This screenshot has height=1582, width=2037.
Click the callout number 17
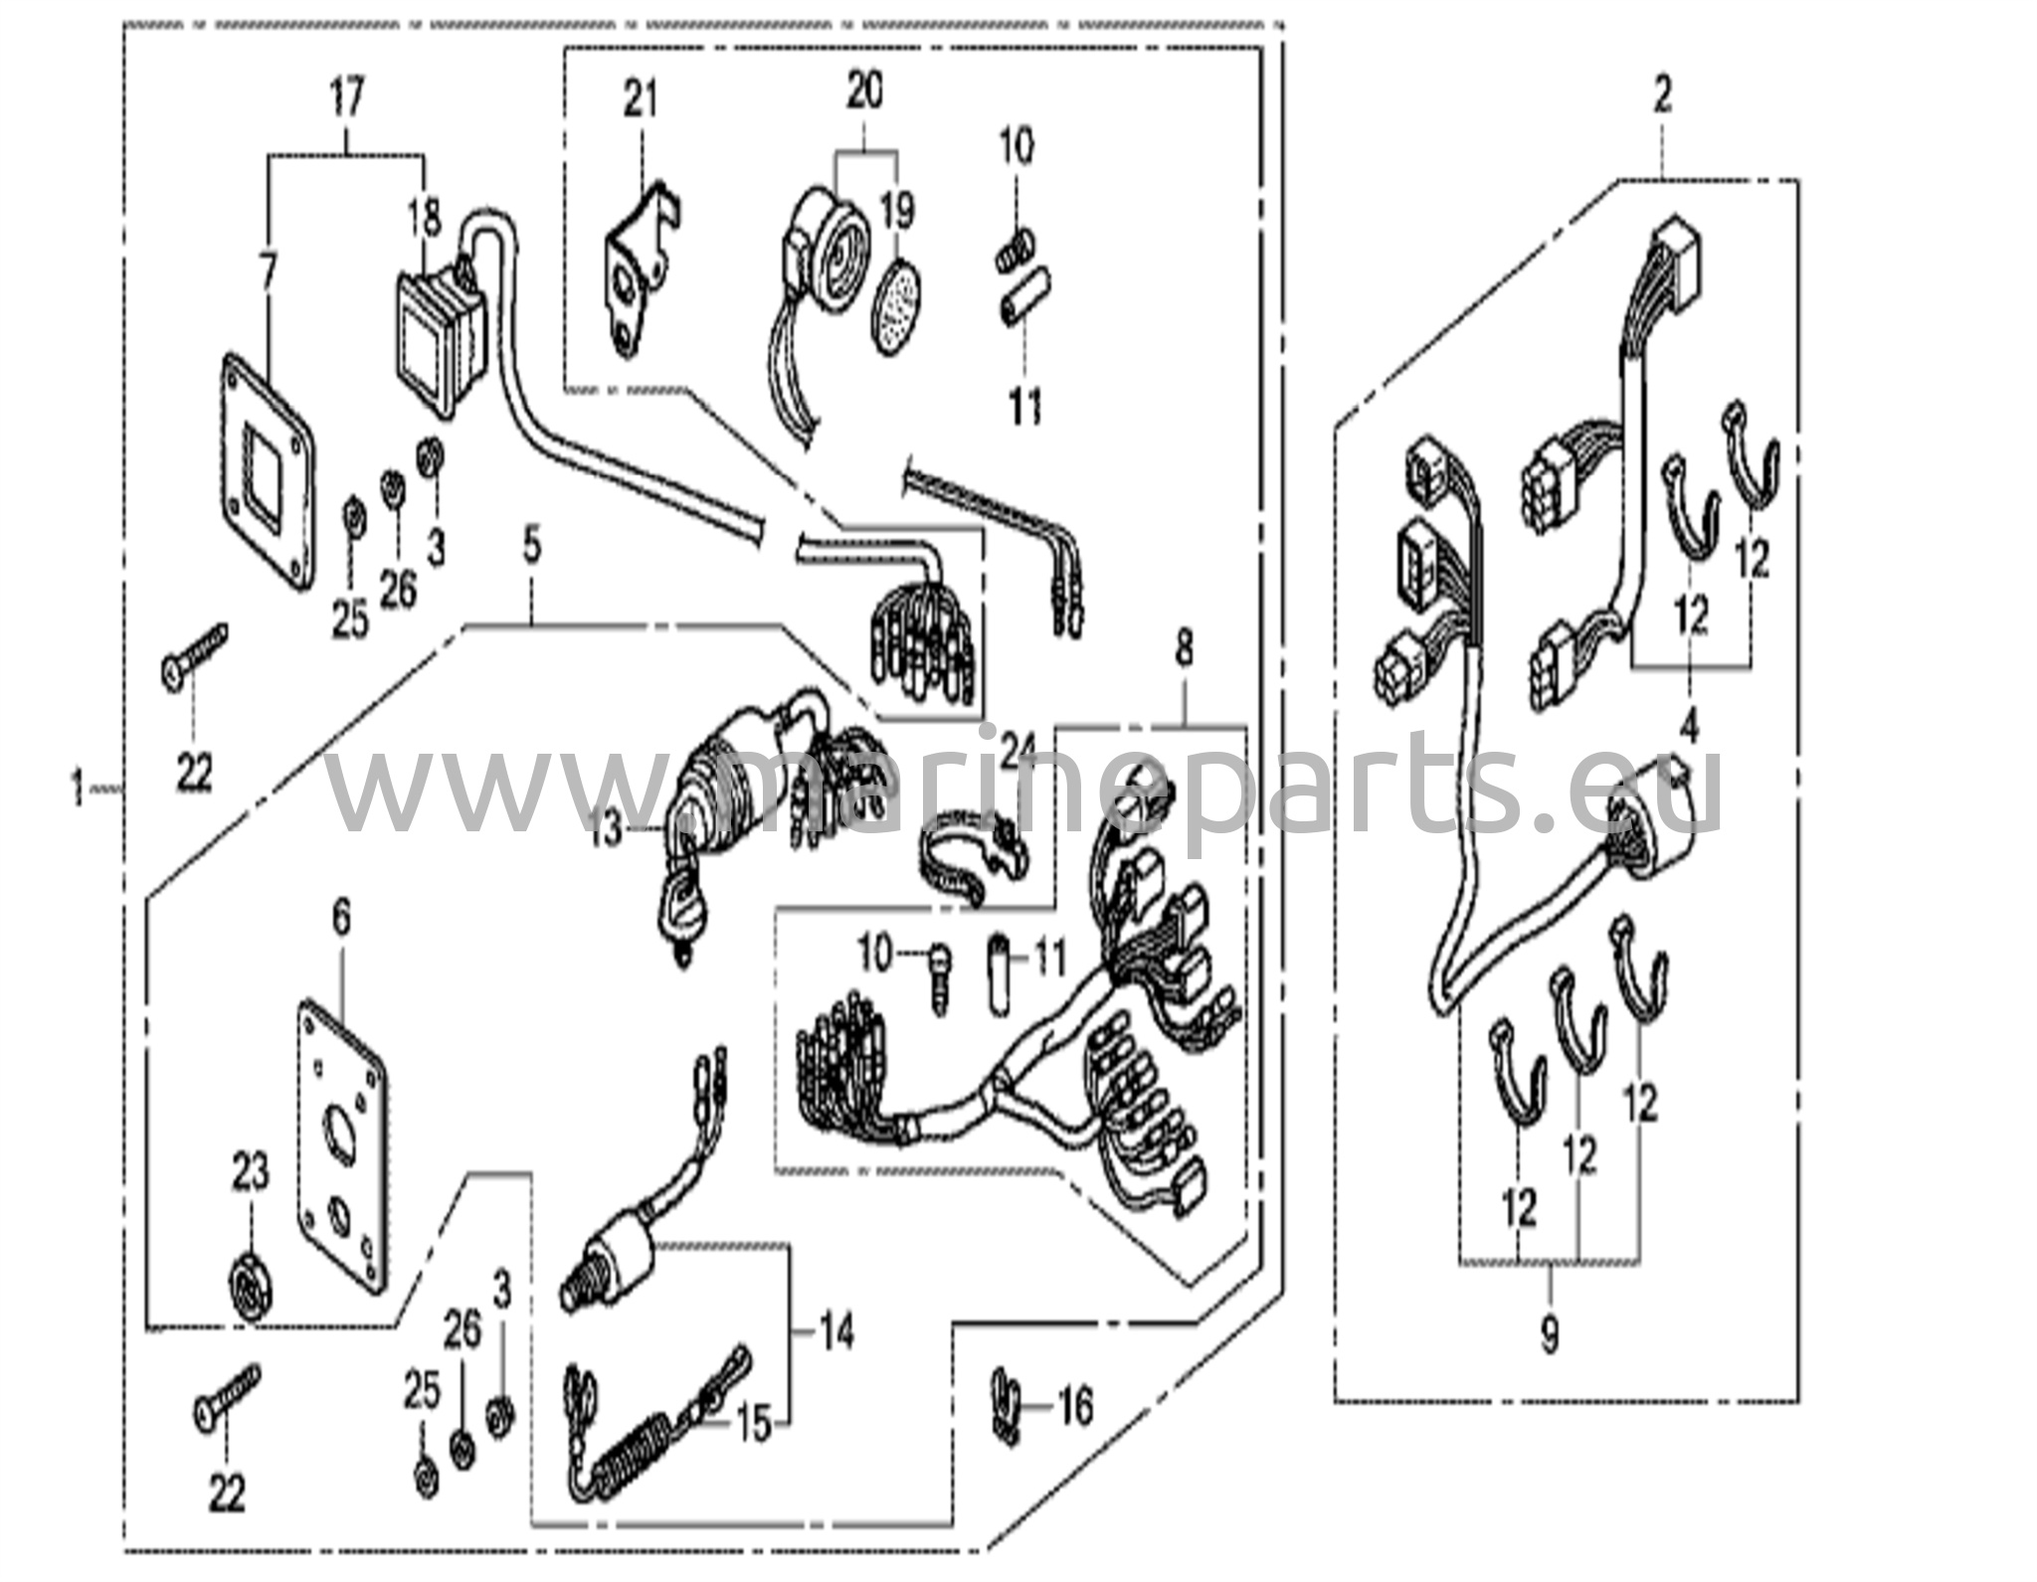(347, 98)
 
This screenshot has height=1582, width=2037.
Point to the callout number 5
(533, 548)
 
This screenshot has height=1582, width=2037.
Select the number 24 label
(1018, 752)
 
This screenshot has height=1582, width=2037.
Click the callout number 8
(1184, 650)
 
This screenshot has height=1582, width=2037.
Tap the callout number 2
(1662, 95)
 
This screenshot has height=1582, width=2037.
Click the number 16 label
(1074, 1407)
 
